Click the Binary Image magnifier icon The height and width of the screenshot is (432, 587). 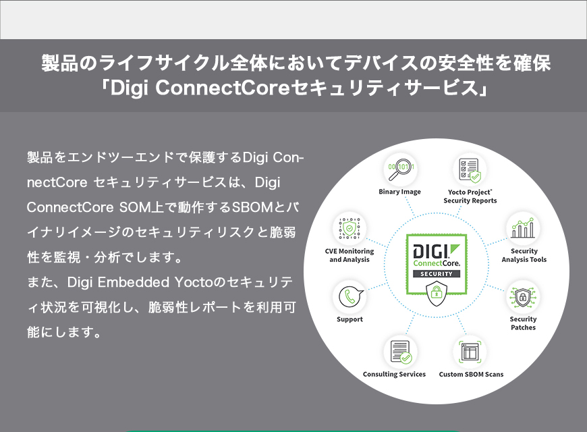tap(400, 169)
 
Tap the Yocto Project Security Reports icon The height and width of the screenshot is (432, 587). tap(470, 169)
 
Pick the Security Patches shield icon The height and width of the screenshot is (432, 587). tap(524, 297)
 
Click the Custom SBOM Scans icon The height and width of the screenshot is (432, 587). tap(470, 352)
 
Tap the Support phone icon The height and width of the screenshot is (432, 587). tap(350, 297)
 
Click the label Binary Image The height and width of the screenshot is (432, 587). tap(399, 192)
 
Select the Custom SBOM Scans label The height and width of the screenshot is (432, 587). tap(471, 374)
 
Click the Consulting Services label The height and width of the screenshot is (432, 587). tap(394, 374)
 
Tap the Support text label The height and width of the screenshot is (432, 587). tap(350, 319)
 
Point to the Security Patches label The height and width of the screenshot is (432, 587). tap(523, 323)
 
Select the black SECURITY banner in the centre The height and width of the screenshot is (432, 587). tap(436, 273)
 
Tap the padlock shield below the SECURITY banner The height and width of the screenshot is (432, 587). tap(436, 292)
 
